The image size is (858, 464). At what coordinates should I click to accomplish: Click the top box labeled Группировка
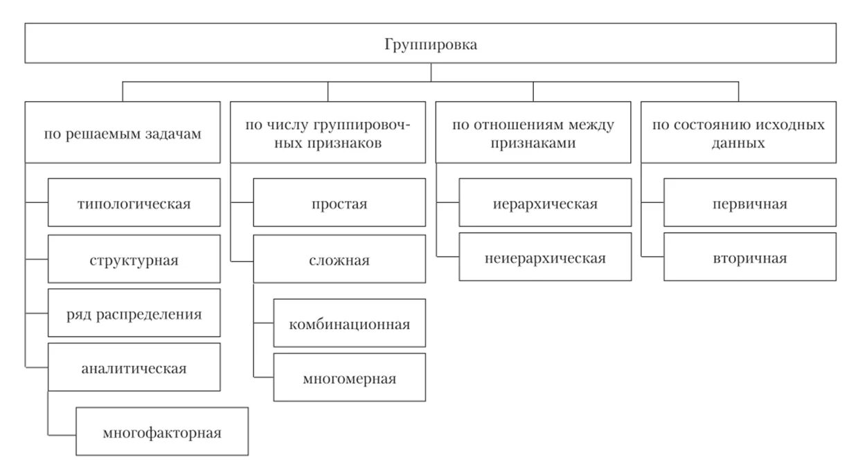point(430,44)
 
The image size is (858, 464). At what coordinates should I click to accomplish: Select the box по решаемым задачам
point(123,132)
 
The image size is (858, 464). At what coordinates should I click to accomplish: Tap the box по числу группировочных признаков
point(328,132)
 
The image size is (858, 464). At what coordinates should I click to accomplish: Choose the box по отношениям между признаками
point(533,132)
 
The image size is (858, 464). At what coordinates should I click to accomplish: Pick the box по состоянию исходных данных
point(738,132)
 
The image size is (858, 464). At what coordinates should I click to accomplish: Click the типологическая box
point(134,203)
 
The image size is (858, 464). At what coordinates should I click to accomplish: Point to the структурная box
point(134,260)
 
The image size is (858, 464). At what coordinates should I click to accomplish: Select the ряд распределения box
point(134,314)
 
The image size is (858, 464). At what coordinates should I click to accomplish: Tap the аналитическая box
point(134,367)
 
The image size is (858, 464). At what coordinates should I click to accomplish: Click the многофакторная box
point(162,432)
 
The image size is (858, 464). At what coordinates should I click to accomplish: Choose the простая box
point(339,203)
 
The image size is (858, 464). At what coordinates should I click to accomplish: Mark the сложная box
point(339,260)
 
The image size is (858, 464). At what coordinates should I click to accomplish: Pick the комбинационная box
point(350,323)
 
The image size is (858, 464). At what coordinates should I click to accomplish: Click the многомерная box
point(350,377)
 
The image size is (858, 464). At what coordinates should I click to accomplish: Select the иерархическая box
point(545,203)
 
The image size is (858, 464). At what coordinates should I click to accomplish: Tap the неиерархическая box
point(545,258)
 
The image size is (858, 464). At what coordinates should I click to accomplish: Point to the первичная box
point(750,203)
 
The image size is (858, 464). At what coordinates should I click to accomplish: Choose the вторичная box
point(750,258)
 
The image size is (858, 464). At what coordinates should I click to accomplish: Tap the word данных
point(738,143)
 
